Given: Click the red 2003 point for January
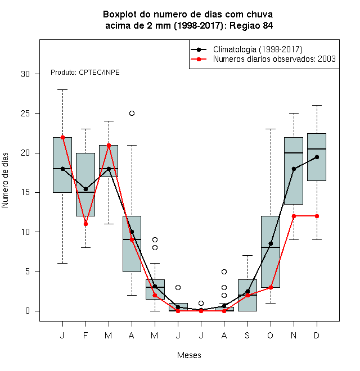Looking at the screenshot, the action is [x=63, y=137].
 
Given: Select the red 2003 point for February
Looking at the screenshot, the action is [x=85, y=224].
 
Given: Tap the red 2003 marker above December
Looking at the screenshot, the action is [x=317, y=216].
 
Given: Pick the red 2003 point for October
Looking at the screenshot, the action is [x=271, y=287].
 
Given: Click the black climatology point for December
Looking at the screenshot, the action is [x=317, y=157].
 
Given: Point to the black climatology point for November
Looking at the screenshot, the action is [x=294, y=169].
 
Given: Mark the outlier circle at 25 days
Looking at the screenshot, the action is [x=132, y=114].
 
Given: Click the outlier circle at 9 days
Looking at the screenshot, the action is [x=155, y=239].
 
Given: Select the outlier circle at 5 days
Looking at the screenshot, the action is [x=224, y=272].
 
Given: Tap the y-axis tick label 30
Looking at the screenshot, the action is [x=25, y=74].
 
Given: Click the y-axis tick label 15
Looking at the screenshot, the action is [x=25, y=192].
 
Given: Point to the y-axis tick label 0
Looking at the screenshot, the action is [x=28, y=311].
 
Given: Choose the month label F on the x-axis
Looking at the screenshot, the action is [x=85, y=335].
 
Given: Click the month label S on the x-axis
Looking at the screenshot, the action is [x=247, y=335].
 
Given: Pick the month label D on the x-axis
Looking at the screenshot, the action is [x=317, y=335].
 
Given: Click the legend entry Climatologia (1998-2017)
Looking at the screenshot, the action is [x=258, y=49].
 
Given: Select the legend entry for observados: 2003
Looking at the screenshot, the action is [x=274, y=59].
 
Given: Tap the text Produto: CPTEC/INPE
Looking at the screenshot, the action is [x=85, y=72].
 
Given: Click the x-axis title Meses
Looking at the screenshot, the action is [x=189, y=355].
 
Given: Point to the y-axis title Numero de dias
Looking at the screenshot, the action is [x=5, y=180].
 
